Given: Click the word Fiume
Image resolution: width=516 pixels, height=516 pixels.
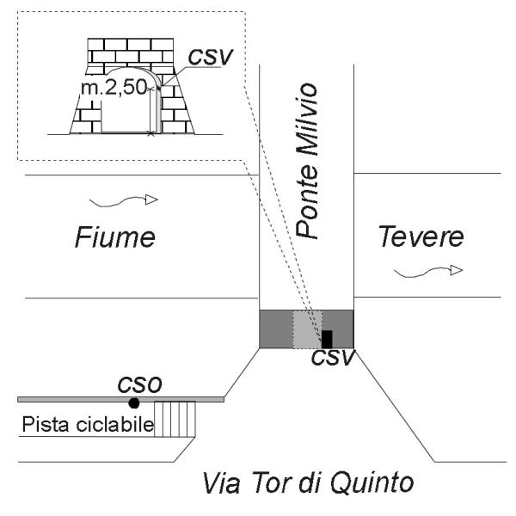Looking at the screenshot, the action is click(x=115, y=237).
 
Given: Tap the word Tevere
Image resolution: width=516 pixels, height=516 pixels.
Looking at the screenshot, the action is click(x=421, y=236).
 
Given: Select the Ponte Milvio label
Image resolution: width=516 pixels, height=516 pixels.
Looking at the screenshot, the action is click(x=307, y=160).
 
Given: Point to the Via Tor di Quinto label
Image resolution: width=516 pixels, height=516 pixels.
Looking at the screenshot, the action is click(x=308, y=483).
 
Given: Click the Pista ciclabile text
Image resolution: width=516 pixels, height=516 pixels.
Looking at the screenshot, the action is click(x=88, y=424).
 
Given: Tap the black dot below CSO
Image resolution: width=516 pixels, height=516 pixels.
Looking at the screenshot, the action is click(x=134, y=403).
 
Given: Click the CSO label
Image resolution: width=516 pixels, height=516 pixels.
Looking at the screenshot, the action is click(x=140, y=384).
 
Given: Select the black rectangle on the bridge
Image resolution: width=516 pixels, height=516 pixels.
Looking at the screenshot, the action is click(x=327, y=339).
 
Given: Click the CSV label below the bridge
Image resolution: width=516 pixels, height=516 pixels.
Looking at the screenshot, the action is click(x=333, y=357).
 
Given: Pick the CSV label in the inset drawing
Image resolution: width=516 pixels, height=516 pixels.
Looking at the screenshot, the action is click(x=211, y=57).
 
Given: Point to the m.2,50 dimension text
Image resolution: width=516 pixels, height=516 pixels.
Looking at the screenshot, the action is click(x=114, y=88).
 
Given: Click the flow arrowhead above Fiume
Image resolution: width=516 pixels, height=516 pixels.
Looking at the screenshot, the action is click(x=151, y=200).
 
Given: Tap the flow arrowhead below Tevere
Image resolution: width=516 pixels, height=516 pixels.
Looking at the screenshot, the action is click(x=456, y=270).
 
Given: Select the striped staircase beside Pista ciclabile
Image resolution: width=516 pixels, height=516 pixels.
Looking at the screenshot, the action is click(x=175, y=419).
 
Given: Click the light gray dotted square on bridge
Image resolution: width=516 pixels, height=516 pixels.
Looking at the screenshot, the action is click(x=307, y=329).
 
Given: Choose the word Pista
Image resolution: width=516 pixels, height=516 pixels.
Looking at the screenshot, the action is click(x=46, y=424).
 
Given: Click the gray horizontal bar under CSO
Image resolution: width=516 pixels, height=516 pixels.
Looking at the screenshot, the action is click(x=120, y=400).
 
